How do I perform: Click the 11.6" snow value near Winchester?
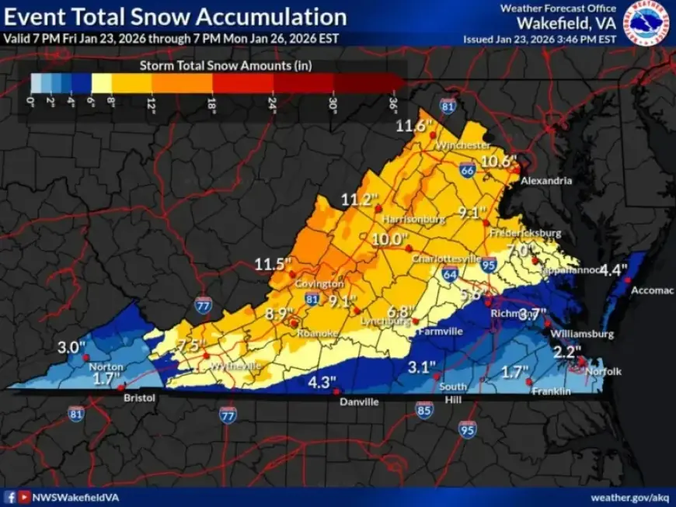point(413,126)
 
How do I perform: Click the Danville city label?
point(358,402)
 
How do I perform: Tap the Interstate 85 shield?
point(423,408)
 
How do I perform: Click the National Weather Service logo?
point(648,23)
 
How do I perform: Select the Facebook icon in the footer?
point(10,497)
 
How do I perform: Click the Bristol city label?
point(140,398)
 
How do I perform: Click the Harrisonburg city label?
point(413,220)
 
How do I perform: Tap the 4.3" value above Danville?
point(321,382)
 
